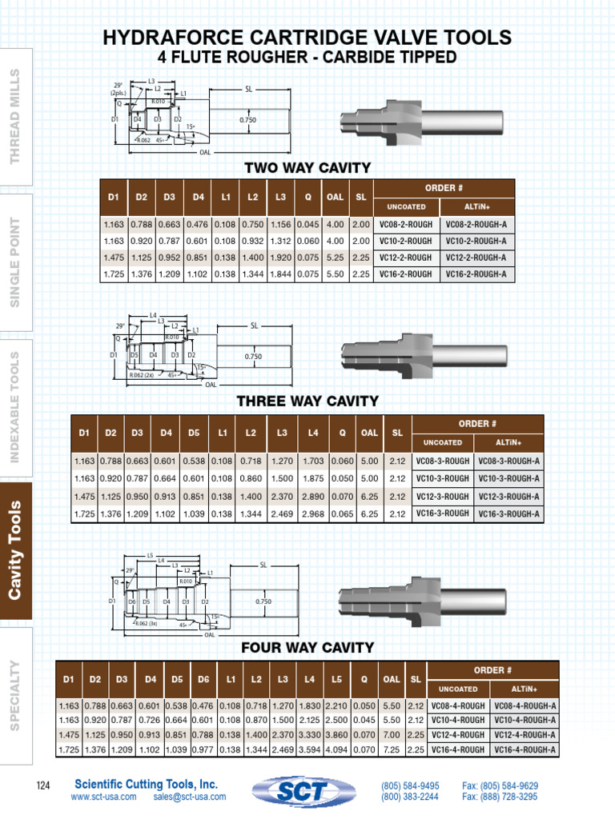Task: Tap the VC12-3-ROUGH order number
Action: [x=442, y=496]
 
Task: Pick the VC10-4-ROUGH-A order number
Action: [x=525, y=720]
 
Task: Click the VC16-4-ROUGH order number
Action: [x=458, y=749]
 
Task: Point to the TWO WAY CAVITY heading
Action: [x=307, y=168]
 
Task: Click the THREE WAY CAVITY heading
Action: [x=307, y=401]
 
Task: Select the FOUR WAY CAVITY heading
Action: [x=307, y=647]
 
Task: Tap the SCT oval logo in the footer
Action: [x=307, y=792]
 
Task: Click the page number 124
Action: [x=43, y=787]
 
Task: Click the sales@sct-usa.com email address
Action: [x=190, y=797]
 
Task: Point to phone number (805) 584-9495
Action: [x=410, y=785]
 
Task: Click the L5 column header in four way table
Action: [x=337, y=679]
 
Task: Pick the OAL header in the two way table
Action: [x=336, y=197]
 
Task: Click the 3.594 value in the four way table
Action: [x=310, y=749]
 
